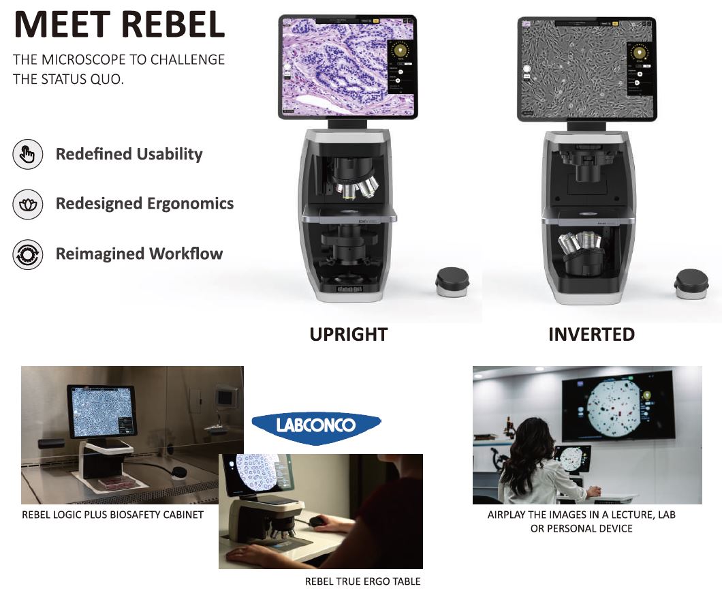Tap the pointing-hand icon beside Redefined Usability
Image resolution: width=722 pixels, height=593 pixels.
[28, 154]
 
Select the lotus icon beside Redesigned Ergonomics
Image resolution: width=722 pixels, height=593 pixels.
[28, 204]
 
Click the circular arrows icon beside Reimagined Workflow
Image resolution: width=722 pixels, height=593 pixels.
[28, 254]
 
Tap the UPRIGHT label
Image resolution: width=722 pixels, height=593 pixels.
[349, 335]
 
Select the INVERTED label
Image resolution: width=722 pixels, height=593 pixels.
[592, 335]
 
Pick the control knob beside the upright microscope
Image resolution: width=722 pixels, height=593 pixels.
[452, 282]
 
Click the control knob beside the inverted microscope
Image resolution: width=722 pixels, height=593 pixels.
[691, 284]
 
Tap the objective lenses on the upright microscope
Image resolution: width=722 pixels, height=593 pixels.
[357, 187]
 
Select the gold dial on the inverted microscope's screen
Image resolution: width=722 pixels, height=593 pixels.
[639, 52]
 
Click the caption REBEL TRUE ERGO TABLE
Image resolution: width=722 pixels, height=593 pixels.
[363, 581]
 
